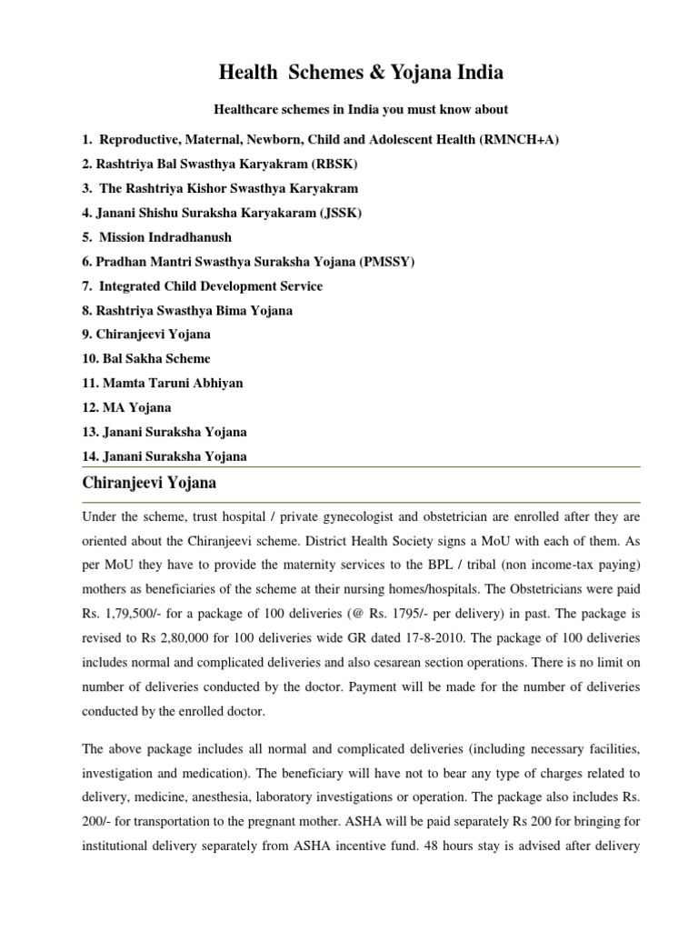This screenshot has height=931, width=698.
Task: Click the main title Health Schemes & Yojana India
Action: [x=349, y=72]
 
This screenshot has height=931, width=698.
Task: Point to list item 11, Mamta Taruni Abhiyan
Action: [x=164, y=384]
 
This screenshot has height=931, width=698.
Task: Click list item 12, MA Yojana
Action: [x=126, y=408]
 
